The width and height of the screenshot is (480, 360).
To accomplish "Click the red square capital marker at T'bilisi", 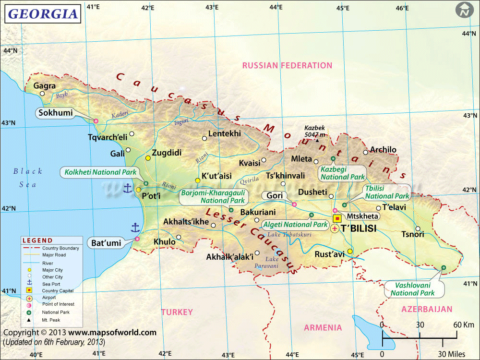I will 336,218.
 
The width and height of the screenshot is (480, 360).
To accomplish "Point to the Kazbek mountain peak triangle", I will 317,141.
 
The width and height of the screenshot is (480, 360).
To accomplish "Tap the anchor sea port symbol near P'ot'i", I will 128,188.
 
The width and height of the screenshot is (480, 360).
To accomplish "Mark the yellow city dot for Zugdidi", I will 148,158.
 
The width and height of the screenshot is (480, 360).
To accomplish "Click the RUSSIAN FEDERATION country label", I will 287,65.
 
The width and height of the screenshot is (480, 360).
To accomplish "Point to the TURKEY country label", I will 177,312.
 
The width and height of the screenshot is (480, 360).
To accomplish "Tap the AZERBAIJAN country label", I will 427,309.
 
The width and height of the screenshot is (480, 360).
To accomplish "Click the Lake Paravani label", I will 268,262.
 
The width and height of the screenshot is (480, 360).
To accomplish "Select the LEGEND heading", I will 37,240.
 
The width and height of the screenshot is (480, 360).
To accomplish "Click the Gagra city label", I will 45,86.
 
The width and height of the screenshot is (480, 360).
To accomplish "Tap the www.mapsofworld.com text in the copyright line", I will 112,332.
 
